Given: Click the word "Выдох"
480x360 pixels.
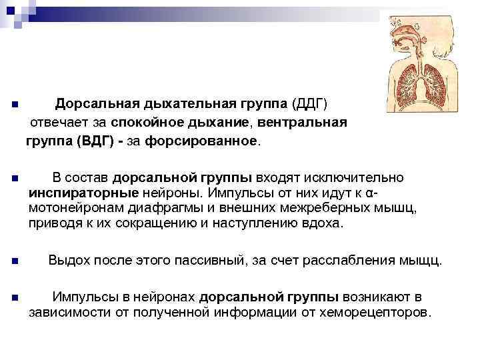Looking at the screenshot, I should [68, 260].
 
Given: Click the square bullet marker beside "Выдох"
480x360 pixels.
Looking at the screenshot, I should [15, 261].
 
